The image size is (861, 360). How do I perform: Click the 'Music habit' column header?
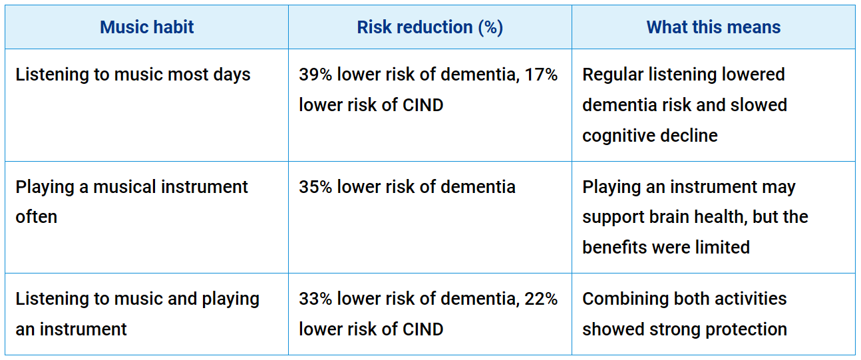(146, 27)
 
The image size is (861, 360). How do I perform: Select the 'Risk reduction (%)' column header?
(430, 27)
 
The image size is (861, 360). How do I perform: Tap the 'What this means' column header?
(713, 27)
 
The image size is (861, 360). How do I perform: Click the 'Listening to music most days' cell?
(133, 75)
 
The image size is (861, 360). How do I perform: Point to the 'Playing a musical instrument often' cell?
(132, 202)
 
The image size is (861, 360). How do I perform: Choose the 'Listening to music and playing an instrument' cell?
(137, 313)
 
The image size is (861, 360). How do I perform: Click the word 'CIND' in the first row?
(422, 105)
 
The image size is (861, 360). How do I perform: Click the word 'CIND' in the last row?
(422, 329)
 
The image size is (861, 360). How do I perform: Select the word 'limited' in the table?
(723, 248)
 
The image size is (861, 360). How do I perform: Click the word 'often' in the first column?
(37, 218)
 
